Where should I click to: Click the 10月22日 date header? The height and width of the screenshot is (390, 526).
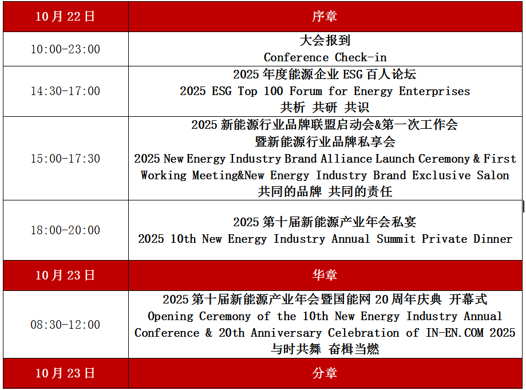(65, 17)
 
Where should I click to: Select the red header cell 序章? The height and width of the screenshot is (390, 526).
(325, 17)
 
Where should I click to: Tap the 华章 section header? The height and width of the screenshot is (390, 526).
(325, 275)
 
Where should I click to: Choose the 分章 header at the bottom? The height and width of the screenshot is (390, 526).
(325, 373)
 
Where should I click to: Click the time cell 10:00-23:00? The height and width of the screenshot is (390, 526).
(65, 49)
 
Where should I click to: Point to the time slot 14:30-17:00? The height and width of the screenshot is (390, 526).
(65, 91)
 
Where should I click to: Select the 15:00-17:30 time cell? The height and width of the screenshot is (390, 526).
(65, 159)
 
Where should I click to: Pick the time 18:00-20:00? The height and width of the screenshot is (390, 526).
(65, 230)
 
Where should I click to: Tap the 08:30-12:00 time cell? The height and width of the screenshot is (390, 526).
(65, 325)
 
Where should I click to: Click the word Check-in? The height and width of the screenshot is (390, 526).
(361, 57)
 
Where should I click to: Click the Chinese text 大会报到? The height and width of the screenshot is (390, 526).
(325, 41)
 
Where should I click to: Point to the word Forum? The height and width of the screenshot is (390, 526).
(306, 91)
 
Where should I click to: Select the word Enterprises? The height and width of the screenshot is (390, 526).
(434, 91)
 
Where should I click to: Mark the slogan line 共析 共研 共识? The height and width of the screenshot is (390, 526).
(325, 108)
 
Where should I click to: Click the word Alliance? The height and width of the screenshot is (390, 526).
(346, 159)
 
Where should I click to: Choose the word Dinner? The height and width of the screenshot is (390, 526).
(493, 239)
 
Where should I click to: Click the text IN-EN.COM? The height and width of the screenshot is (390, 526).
(454, 333)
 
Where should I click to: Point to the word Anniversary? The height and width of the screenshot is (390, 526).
(286, 333)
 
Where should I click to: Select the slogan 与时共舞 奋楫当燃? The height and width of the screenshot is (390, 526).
(325, 349)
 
